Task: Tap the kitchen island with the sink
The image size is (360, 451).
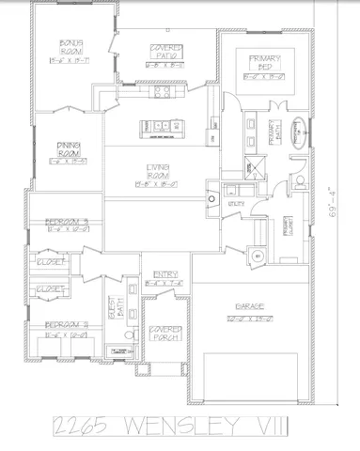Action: point(157,127)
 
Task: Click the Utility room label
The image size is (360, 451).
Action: point(237,204)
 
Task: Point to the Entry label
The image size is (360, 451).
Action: point(164,273)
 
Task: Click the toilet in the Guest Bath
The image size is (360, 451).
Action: point(132,334)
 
